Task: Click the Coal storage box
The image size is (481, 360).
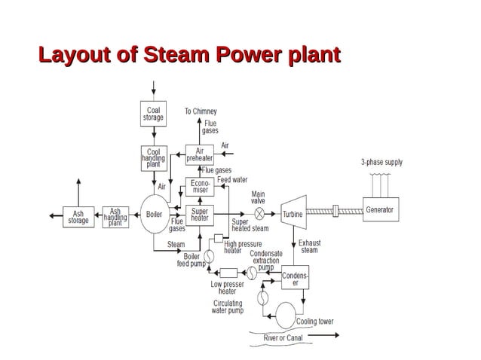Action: tap(153, 114)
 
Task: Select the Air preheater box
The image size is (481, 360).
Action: tap(200, 155)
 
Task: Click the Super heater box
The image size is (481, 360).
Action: tap(200, 215)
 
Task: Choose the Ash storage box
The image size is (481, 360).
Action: tap(78, 217)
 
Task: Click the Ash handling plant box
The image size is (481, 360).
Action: tap(115, 217)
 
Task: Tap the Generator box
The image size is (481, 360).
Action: tap(379, 209)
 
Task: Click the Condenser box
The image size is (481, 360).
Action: tap(295, 279)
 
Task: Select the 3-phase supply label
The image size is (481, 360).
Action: tap(381, 162)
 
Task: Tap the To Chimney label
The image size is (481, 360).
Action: tap(201, 111)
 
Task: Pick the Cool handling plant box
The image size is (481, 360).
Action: tap(153, 157)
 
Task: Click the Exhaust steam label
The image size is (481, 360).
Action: tap(309, 247)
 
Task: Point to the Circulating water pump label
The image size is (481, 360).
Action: tap(227, 307)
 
